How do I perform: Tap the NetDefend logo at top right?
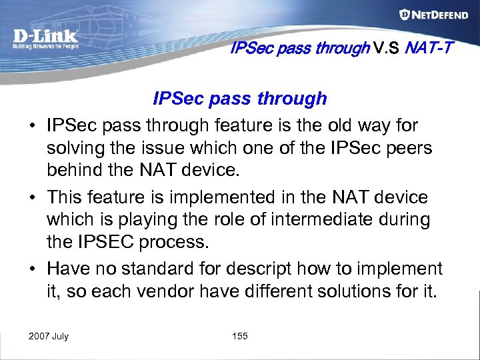(x=433, y=15)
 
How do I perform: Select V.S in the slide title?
(x=387, y=48)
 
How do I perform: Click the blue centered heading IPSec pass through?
(x=240, y=99)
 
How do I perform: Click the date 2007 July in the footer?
(x=48, y=336)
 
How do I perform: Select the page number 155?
(x=240, y=336)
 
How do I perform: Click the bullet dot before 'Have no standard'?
(x=32, y=269)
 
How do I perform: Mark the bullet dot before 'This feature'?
(x=32, y=197)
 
